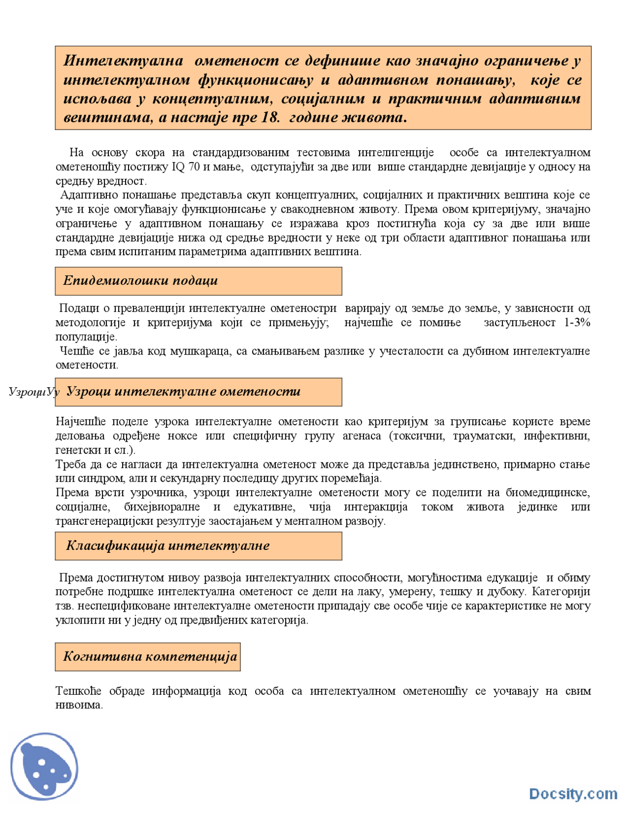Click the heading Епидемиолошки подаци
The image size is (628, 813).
(140, 280)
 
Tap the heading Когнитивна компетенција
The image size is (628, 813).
(150, 656)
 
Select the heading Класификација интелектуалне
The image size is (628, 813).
(168, 545)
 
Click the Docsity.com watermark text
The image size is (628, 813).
(573, 794)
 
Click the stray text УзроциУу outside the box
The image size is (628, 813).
(33, 392)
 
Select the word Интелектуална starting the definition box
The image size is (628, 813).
(123, 61)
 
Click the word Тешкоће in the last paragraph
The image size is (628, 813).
(78, 691)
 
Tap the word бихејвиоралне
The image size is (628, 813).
(162, 507)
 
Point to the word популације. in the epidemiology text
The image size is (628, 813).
(86, 337)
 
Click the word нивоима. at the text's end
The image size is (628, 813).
(79, 705)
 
